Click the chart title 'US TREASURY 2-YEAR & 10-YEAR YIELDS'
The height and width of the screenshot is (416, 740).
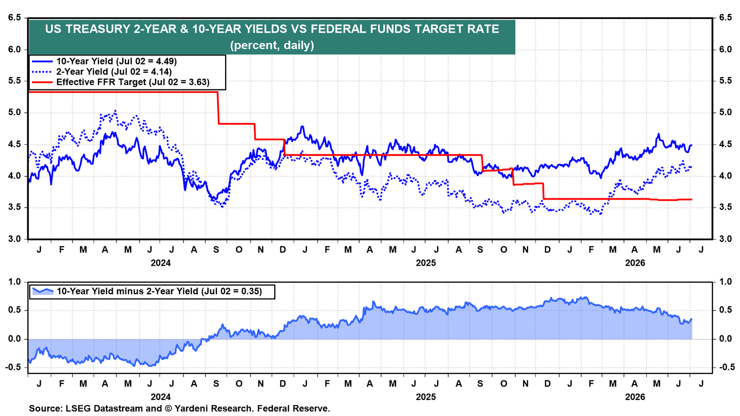(x=166, y=29)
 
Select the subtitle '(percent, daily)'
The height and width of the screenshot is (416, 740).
(x=272, y=45)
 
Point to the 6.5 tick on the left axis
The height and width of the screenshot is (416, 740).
(x=14, y=18)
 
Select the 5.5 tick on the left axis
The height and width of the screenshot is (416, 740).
(x=14, y=81)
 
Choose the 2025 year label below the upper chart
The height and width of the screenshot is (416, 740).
(x=426, y=263)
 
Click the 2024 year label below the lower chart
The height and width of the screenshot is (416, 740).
(x=161, y=397)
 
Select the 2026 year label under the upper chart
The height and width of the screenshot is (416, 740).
(x=635, y=263)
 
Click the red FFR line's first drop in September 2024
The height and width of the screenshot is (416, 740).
(x=218, y=108)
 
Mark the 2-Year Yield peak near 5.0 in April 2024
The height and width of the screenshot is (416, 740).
(x=115, y=111)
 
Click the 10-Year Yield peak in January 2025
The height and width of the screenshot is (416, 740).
(x=302, y=127)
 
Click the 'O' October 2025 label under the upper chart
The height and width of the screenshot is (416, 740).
(x=504, y=250)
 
